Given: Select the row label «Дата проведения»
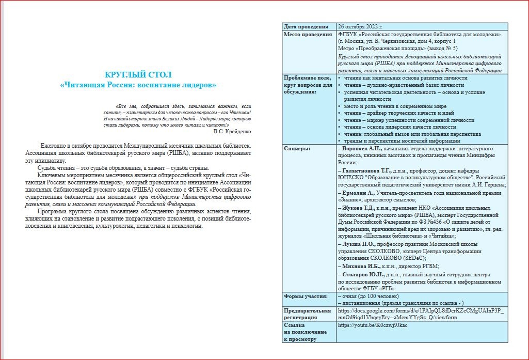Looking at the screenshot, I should (x=307, y=27).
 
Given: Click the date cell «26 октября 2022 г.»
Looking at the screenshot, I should (x=360, y=27).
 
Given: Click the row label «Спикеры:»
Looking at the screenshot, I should (x=297, y=149).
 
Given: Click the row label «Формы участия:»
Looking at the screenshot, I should (x=306, y=296).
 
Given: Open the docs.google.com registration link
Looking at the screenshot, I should (x=421, y=314).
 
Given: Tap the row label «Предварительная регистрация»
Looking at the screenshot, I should (x=307, y=314).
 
